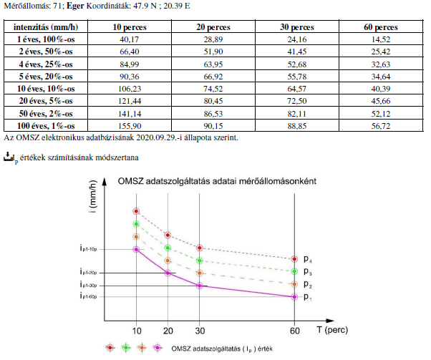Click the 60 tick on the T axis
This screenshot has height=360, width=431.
[295, 331]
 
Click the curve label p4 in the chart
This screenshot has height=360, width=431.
[307, 258]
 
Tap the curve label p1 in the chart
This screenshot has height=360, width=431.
[307, 297]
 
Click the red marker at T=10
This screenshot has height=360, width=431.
[136, 211]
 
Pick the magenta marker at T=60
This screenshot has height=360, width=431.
[294, 297]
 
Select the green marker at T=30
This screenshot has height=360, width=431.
[200, 261]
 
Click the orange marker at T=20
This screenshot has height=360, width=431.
[168, 261]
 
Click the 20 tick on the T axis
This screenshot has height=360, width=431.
[168, 331]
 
